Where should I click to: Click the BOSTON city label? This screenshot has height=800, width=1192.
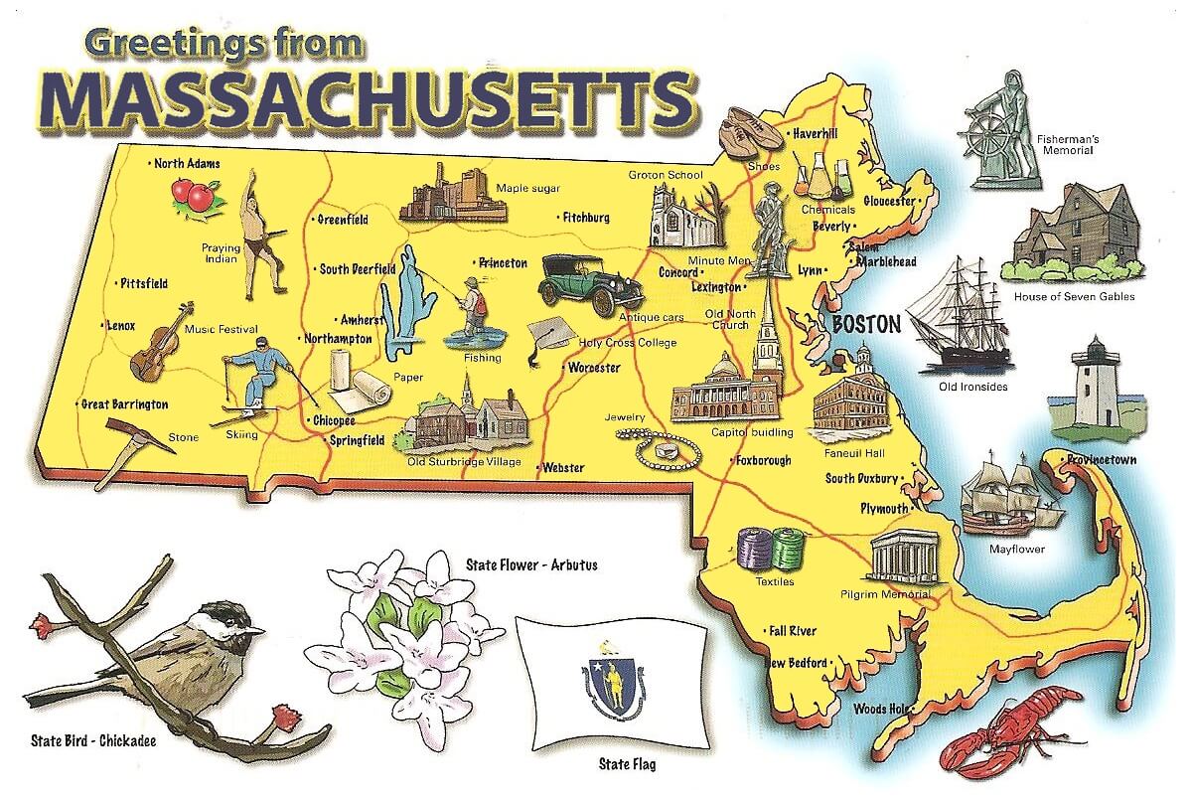click(x=866, y=324)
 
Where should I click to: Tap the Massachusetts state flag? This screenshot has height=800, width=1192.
click(x=611, y=681)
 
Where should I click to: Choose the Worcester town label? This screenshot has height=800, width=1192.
click(x=594, y=368)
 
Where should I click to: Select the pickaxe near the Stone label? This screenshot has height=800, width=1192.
click(x=134, y=446)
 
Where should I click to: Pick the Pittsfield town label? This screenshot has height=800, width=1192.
click(x=144, y=283)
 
